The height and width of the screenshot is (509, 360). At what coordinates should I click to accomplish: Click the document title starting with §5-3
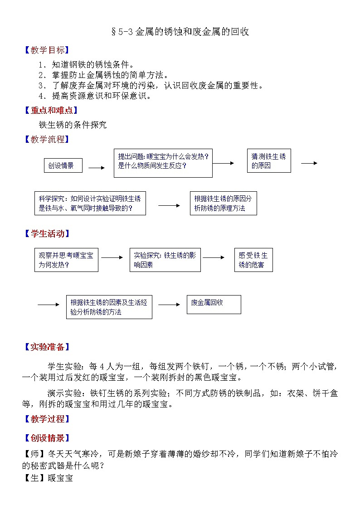point(180,31)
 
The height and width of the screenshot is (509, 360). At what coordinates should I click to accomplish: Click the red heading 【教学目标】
point(47,50)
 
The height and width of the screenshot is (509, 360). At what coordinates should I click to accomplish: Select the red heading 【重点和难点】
point(51,111)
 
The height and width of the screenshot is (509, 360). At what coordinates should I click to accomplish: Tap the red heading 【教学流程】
point(47,139)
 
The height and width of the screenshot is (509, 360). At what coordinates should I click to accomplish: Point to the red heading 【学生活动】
point(47,233)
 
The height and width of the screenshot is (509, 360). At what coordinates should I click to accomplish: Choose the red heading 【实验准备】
point(47,347)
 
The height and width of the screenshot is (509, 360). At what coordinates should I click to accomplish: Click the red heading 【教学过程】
point(47,419)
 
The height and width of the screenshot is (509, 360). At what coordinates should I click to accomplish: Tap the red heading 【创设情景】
point(47,438)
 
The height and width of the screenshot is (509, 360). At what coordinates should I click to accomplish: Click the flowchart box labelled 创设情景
point(63,165)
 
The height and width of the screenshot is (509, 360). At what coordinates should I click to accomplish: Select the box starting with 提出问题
point(163,163)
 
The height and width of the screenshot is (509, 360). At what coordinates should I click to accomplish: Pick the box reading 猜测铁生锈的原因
point(269,161)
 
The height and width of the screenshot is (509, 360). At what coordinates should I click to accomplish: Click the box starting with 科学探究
point(90,203)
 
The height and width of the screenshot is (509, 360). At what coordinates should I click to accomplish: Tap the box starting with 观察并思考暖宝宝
point(66,260)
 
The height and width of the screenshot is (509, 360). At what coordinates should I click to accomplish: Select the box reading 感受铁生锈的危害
point(253,260)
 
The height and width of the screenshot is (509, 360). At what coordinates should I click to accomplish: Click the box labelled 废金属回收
point(214,305)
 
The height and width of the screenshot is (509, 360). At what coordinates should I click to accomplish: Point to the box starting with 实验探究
point(165,260)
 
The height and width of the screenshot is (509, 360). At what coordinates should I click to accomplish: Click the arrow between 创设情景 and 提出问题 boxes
point(97,168)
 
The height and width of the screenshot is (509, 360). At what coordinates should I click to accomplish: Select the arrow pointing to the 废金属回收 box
point(169,305)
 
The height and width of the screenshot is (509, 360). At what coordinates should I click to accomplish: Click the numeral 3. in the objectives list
point(43,86)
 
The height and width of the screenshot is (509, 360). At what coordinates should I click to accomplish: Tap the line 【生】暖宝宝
point(48,478)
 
